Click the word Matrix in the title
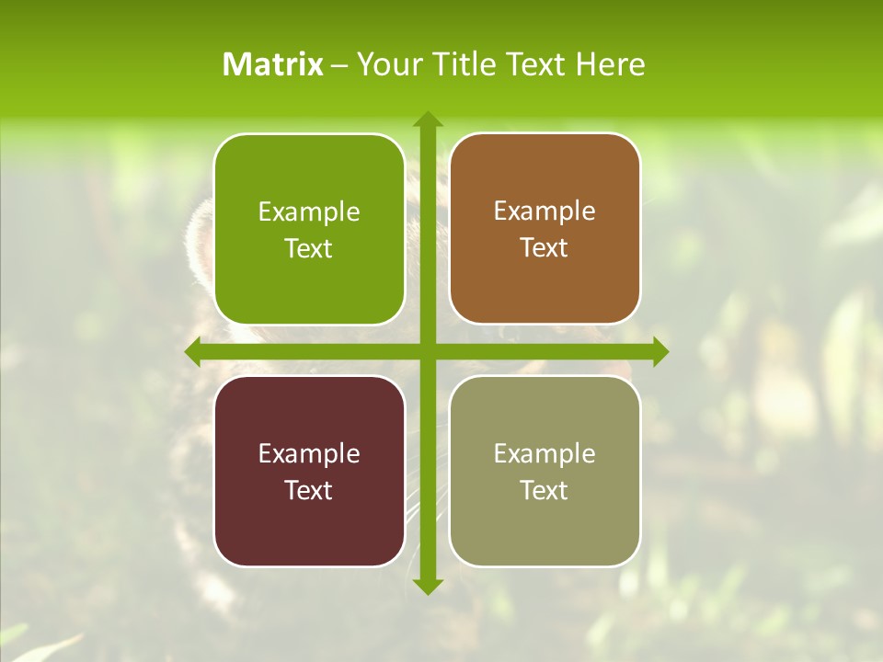pos(273,64)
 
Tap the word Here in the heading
pos(610,64)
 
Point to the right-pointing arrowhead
pos(659,352)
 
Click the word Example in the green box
pos(309,212)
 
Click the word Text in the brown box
pos(545,248)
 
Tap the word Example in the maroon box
pos(309,454)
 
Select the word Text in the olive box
pos(545,490)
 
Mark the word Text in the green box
pos(309,249)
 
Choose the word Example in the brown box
pos(545,211)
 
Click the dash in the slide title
pos(339,65)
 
